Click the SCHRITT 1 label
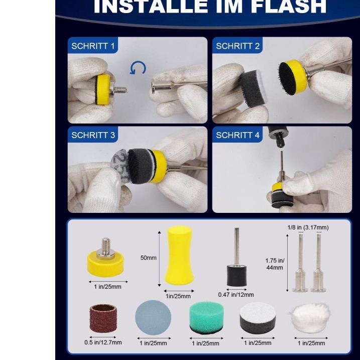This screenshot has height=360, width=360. (x=93, y=46)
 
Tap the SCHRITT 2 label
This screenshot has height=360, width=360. (x=238, y=46)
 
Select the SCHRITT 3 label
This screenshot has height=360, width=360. (x=93, y=135)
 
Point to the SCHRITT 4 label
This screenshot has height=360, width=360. (x=238, y=135)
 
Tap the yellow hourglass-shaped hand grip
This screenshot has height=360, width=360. (x=179, y=255)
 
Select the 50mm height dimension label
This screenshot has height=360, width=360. (x=149, y=258)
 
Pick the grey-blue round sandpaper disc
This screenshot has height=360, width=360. (x=153, y=318)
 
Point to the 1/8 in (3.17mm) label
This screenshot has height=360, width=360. (x=308, y=227)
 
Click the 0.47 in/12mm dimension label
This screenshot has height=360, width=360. (x=236, y=295)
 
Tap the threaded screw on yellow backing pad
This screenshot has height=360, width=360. (x=106, y=247)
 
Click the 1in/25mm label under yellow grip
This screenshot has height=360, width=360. (x=179, y=296)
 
